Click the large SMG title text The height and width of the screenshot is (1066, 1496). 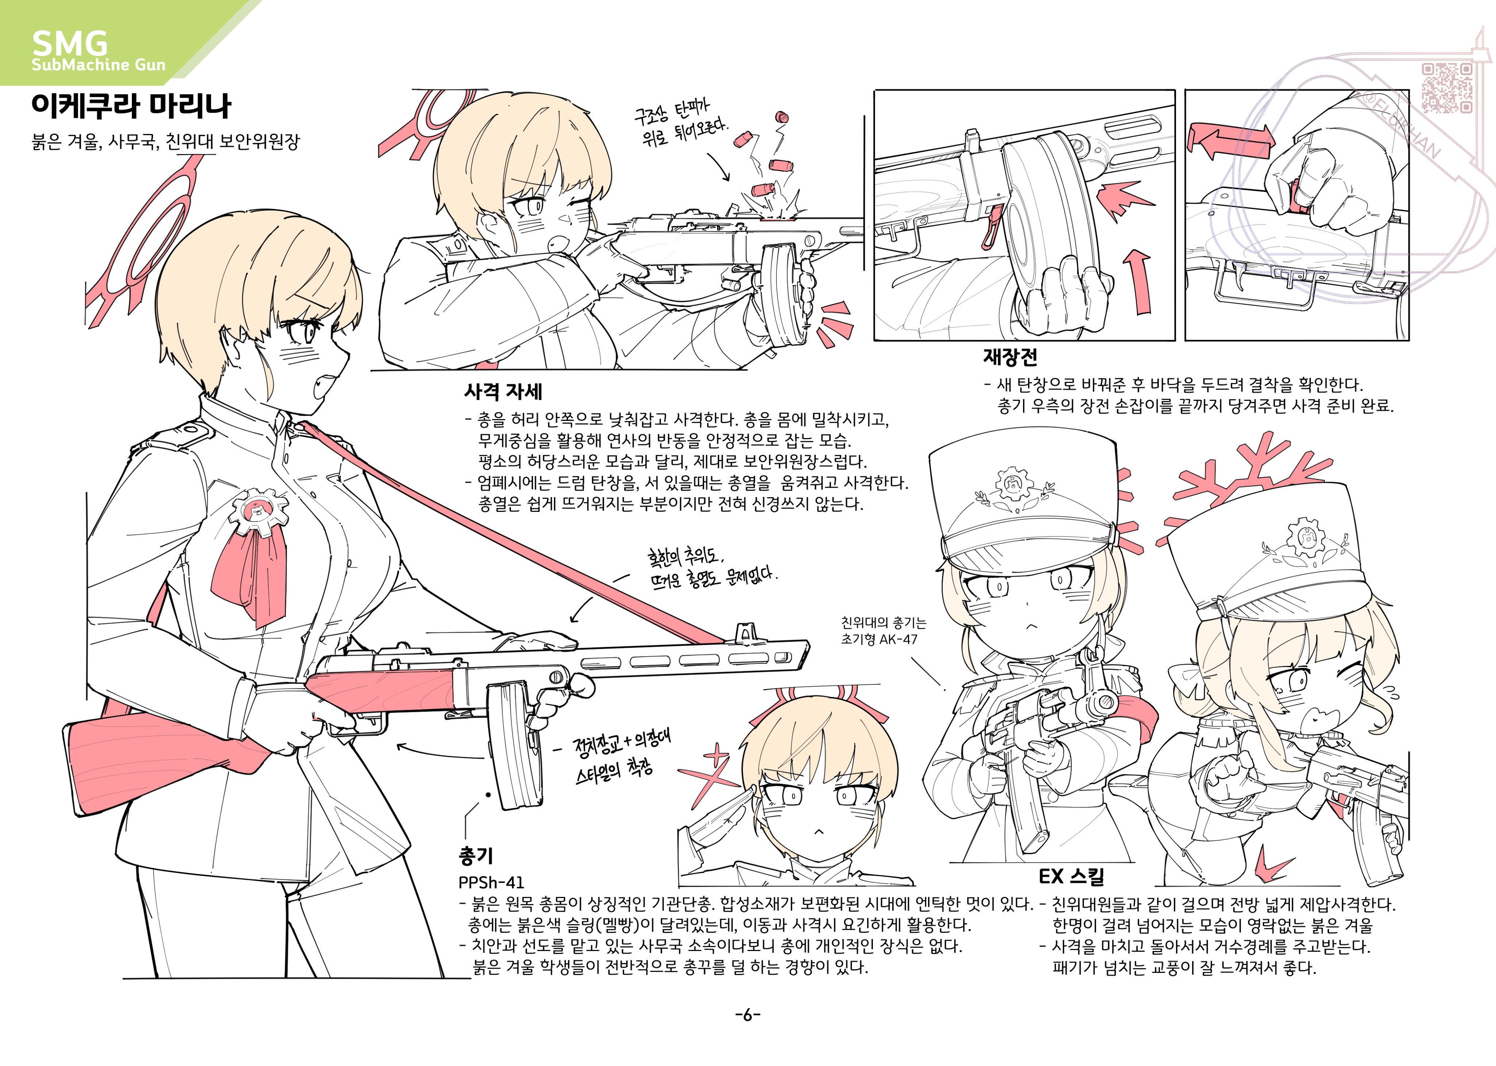point(70,43)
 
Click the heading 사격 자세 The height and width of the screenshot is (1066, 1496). point(503,392)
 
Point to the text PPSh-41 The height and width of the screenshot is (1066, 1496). point(491,882)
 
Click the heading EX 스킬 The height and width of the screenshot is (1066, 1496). point(1071,876)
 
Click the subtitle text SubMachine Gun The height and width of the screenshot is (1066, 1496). point(99,64)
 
